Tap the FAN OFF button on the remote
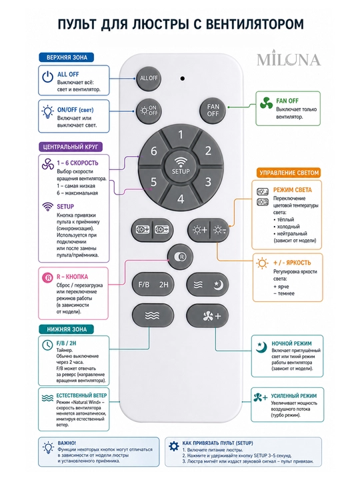[213, 110]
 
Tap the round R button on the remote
[180, 257]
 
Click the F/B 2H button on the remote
[153, 285]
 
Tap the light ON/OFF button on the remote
[149, 111]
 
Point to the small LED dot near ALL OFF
[183, 79]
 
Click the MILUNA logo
[289, 59]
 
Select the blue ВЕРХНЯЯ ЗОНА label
[67, 57]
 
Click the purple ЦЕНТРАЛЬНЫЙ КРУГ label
[71, 147]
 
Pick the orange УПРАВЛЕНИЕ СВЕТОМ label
[289, 173]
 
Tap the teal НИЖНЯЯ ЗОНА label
[67, 329]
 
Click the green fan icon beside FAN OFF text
[266, 103]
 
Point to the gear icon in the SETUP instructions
[174, 446]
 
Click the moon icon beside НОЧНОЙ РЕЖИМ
[261, 347]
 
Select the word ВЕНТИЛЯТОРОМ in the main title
[255, 24]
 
